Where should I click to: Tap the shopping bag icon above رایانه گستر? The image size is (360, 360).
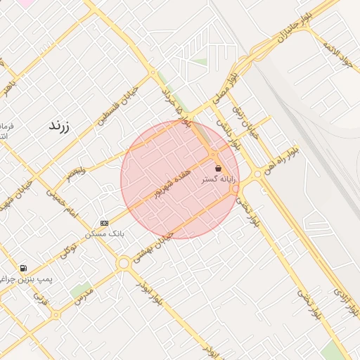click(x=218, y=169)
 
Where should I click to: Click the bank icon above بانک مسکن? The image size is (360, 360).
click(x=105, y=223)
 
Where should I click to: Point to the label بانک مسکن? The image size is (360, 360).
click(x=105, y=233)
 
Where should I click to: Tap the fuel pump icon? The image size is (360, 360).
click(x=24, y=268)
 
